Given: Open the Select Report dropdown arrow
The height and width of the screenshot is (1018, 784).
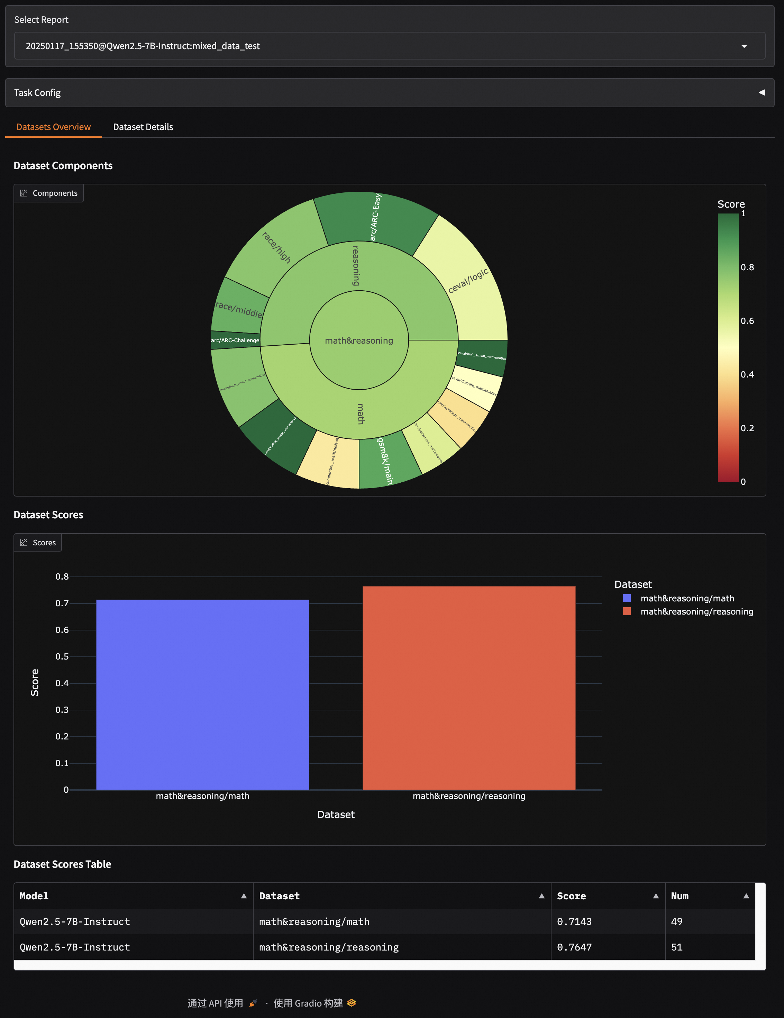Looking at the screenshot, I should click(744, 46).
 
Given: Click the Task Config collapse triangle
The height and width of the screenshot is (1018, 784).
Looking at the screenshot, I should click(762, 93).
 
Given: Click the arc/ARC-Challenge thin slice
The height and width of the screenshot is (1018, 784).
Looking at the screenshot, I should click(235, 340).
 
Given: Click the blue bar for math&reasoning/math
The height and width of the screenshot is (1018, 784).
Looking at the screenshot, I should click(202, 694).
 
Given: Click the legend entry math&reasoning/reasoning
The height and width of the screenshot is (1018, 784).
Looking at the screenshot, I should click(696, 611).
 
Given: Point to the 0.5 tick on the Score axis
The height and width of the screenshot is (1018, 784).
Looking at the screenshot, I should click(62, 657).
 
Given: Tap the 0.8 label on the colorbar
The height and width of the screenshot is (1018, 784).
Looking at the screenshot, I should click(747, 267).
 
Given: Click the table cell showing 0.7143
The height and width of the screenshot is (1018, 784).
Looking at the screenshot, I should click(574, 921).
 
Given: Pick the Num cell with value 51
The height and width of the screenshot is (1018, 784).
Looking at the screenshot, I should click(677, 947).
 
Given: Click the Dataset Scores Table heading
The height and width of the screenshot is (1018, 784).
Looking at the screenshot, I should click(63, 864).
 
